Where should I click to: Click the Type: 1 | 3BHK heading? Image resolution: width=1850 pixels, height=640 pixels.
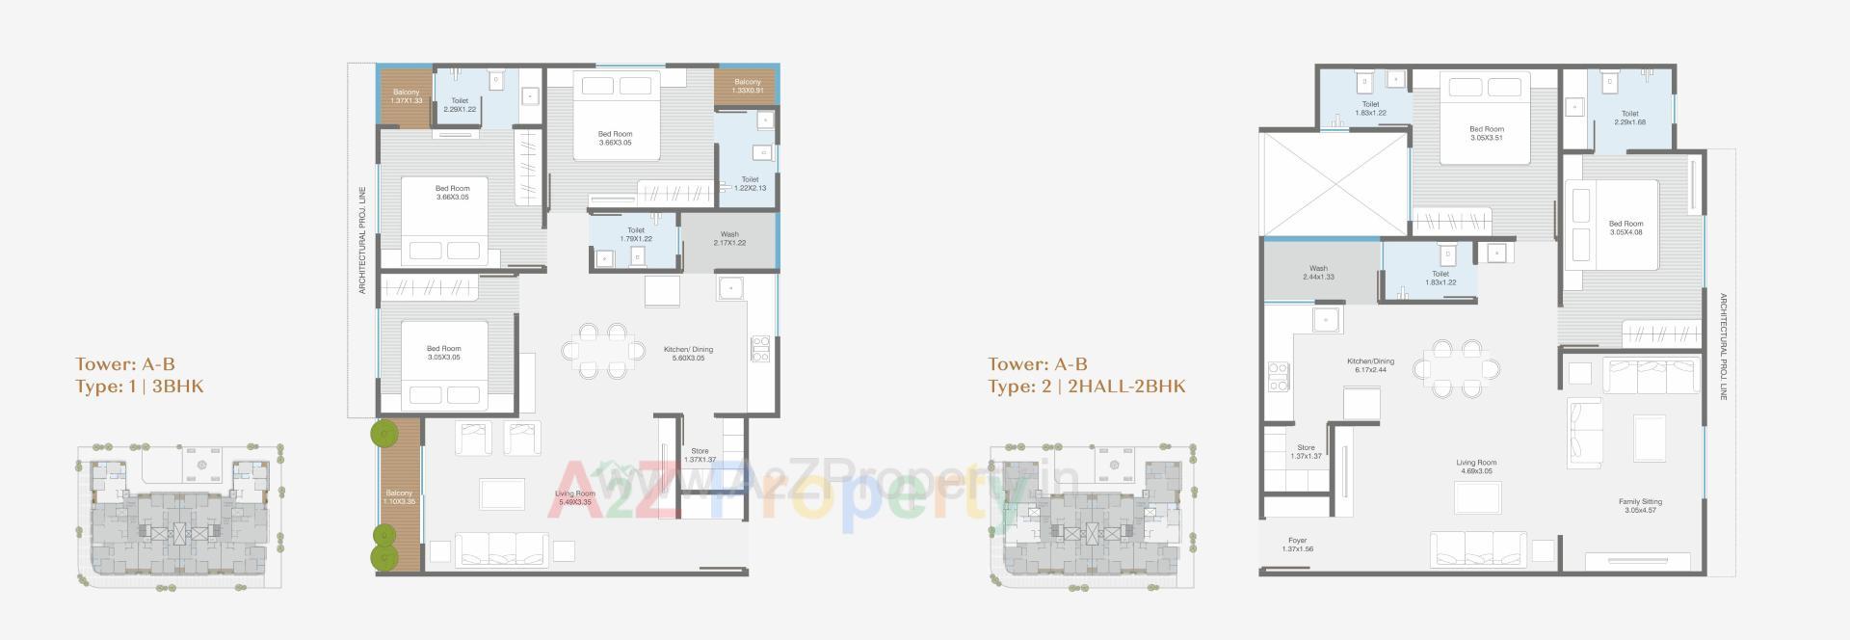(x=140, y=387)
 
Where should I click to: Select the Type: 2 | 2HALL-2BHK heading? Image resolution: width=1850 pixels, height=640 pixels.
(x=1086, y=387)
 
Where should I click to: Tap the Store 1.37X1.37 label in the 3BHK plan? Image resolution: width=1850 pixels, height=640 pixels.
(x=700, y=455)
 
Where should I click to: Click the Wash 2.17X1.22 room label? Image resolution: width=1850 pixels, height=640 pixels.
(x=729, y=238)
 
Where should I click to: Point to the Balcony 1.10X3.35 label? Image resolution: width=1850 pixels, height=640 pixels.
(x=399, y=497)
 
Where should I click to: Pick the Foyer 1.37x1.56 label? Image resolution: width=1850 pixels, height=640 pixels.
(x=1298, y=545)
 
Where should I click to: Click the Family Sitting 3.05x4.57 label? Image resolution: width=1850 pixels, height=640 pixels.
(x=1639, y=505)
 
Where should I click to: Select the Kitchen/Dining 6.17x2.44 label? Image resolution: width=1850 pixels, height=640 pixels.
(x=1370, y=365)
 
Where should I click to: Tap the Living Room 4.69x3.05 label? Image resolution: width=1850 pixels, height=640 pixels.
(x=1475, y=467)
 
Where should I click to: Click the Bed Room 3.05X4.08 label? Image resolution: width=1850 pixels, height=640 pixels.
(x=1625, y=227)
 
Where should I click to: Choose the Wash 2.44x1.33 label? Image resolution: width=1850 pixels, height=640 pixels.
(x=1318, y=273)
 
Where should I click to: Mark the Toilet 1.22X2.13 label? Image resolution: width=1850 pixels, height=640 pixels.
(x=750, y=183)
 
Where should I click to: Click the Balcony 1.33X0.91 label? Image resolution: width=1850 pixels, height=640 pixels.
(x=747, y=86)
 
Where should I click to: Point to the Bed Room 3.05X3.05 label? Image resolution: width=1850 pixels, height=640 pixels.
(x=443, y=353)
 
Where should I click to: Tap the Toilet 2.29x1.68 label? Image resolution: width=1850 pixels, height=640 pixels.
(x=1629, y=118)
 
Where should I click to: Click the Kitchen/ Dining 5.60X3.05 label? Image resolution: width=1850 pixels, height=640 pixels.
(x=688, y=354)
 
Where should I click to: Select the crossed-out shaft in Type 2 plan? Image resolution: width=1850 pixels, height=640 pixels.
(x=1335, y=183)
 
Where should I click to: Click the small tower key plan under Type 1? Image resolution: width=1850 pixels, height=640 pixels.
(x=178, y=516)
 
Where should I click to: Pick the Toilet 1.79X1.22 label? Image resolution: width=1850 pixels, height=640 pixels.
(x=635, y=234)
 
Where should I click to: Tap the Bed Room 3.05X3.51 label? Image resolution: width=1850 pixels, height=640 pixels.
(x=1486, y=133)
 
